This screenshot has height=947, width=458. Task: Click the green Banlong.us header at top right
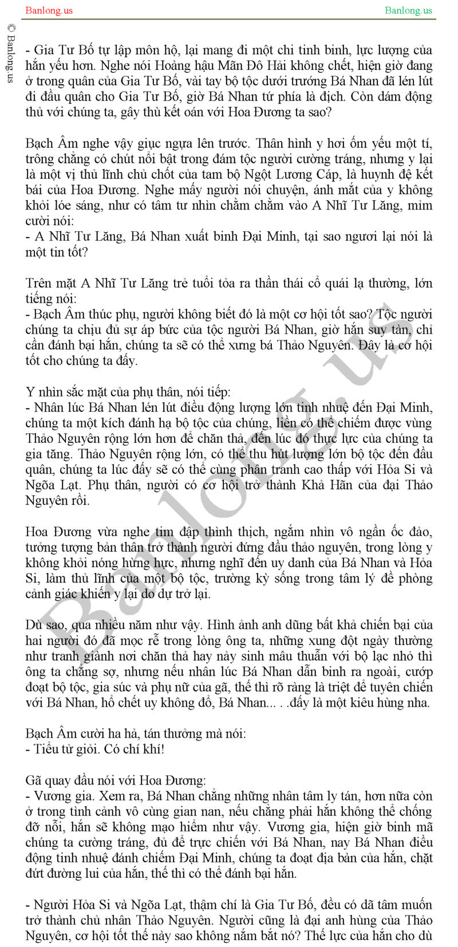(x=408, y=10)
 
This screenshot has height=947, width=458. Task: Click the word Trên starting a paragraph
(x=39, y=283)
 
